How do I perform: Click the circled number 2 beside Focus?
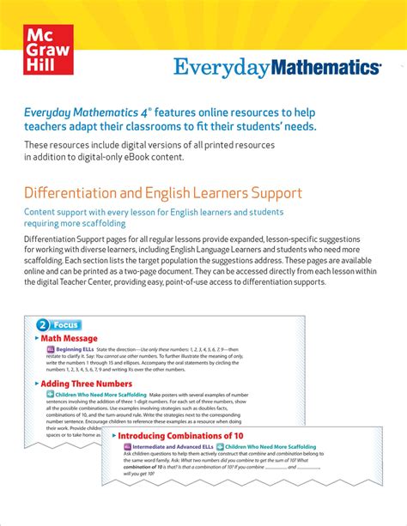(x=43, y=325)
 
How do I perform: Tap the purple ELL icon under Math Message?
(x=51, y=350)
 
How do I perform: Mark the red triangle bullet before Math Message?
(x=36, y=339)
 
